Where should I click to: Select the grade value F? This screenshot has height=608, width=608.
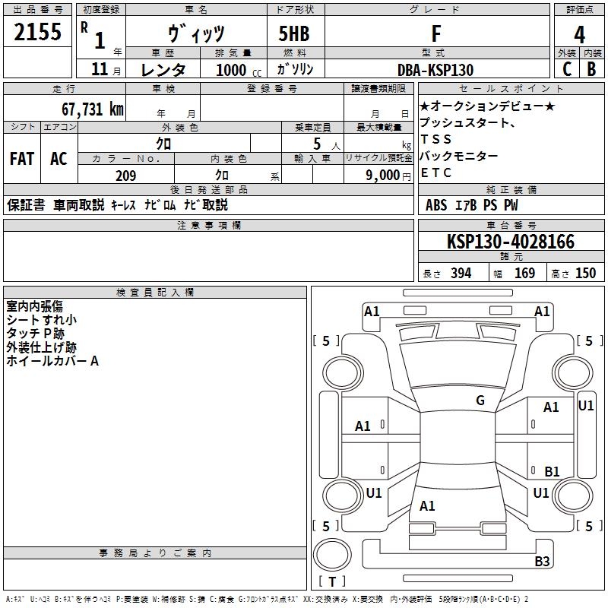pos(435,33)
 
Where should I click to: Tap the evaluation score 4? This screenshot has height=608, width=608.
pos(580,35)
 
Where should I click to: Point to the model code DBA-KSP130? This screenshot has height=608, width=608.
pos(435,70)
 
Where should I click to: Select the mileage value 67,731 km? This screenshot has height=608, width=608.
pos(86,109)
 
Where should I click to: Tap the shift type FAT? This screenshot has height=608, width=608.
pos(21,159)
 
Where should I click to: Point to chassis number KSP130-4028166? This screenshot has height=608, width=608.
pos(511,242)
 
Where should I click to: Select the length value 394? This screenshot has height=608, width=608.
pos(461,274)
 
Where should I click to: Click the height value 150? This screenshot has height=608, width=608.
pos(585,274)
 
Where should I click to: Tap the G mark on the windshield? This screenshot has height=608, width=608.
pos(480,401)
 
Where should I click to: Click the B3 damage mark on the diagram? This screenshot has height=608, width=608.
pos(542,562)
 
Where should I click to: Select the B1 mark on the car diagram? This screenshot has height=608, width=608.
pos(552,471)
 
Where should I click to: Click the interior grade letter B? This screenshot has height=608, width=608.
pos(591,70)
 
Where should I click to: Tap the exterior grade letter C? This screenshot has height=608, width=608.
pos(566,70)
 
